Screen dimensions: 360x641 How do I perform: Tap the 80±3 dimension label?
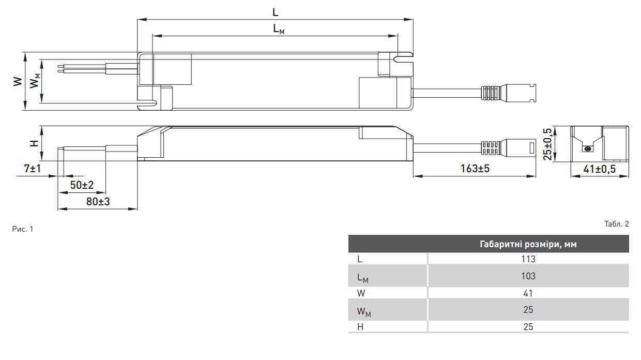pos(98,201)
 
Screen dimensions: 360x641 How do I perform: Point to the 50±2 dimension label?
pos(82,185)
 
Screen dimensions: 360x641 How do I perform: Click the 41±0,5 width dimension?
pos(600,168)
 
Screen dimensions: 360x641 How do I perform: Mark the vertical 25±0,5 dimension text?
pos(548,143)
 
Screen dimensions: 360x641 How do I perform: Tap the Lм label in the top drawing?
pos(279,29)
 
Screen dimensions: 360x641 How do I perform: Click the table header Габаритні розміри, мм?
pos(528,245)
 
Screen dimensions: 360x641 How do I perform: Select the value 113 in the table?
pos(528,259)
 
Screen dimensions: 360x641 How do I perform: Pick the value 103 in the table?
pos(528,276)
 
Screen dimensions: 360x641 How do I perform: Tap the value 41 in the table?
pos(528,293)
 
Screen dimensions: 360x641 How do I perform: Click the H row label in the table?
pos(360,326)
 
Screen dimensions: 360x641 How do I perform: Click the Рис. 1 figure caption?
pos(23,229)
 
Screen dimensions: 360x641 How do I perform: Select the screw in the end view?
pos(587,149)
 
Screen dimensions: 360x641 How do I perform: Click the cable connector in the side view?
pos(509,148)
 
